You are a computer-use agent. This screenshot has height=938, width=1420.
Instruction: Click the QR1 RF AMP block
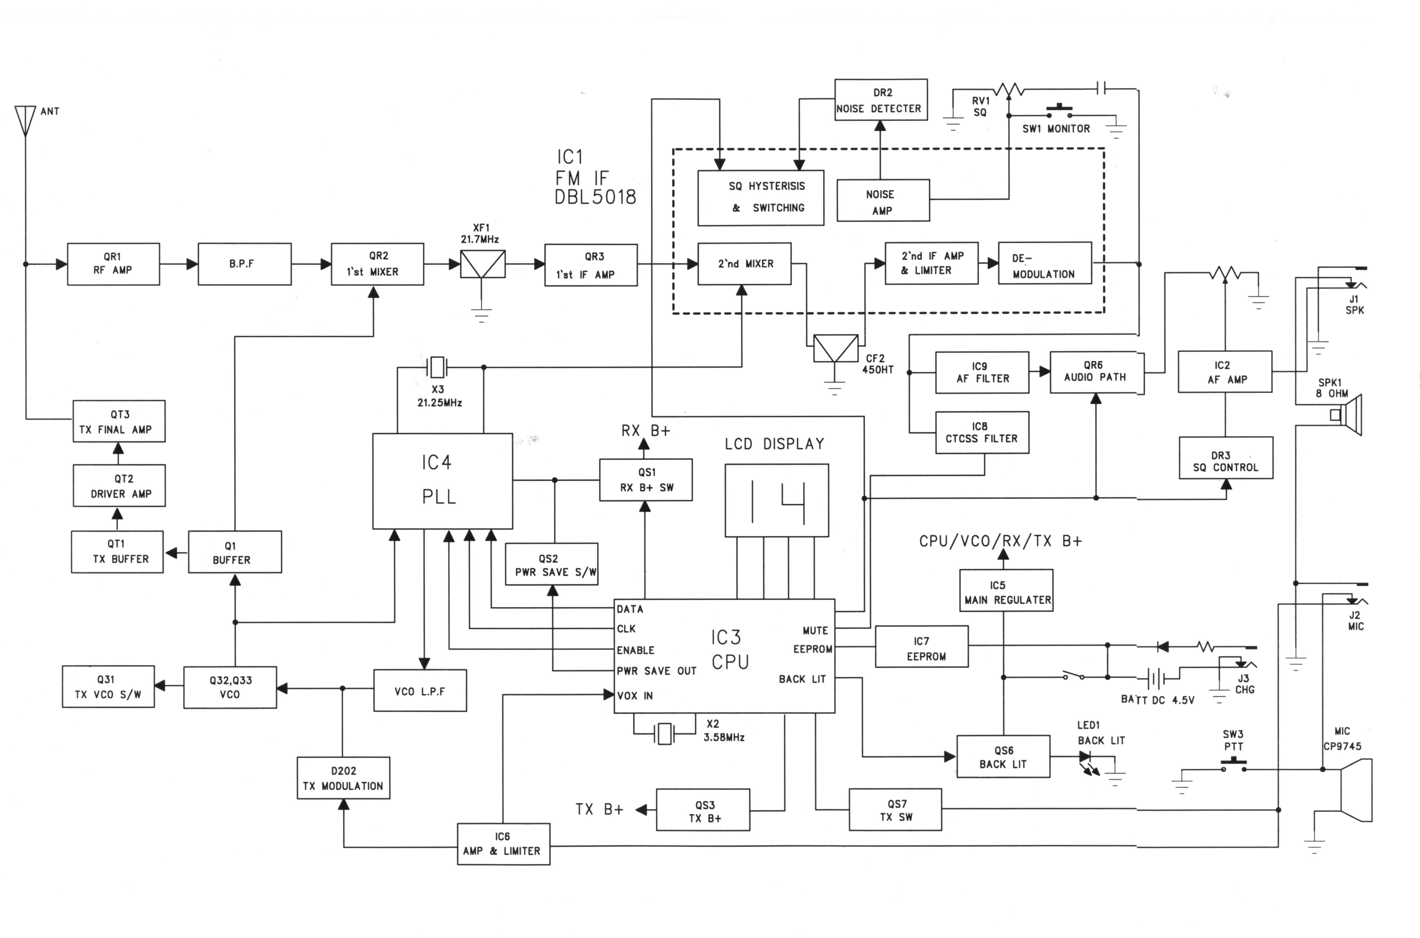pyautogui.click(x=113, y=264)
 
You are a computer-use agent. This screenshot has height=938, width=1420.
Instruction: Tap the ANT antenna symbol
pyautogui.click(x=25, y=120)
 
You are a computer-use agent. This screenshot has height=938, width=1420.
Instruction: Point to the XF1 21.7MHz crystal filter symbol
pyautogui.click(x=482, y=264)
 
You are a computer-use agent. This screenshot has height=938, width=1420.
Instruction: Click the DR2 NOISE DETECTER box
pyautogui.click(x=880, y=100)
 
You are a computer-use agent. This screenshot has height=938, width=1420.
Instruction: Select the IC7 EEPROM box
pyautogui.click(x=921, y=647)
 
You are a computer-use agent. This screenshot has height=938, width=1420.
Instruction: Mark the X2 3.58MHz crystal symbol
pyautogui.click(x=664, y=733)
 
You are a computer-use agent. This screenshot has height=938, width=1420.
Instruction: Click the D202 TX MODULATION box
pyautogui.click(x=343, y=778)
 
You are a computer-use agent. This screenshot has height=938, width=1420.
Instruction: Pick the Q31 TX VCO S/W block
pyautogui.click(x=108, y=687)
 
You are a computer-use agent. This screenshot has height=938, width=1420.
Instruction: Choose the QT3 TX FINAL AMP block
pyautogui.click(x=119, y=421)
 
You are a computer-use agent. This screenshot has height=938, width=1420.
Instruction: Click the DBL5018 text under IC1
pyautogui.click(x=595, y=197)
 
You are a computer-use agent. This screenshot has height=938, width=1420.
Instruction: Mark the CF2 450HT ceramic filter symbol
pyautogui.click(x=836, y=349)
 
